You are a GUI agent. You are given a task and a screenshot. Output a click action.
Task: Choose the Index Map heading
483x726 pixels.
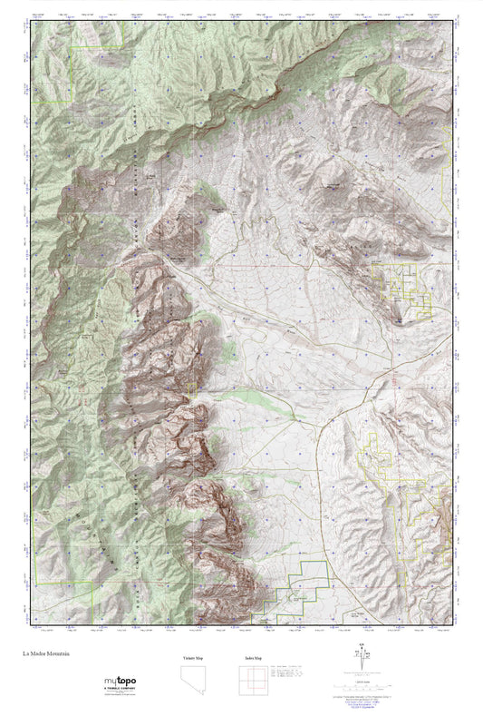[256, 657]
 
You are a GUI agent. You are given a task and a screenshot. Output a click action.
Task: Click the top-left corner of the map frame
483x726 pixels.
[33, 24]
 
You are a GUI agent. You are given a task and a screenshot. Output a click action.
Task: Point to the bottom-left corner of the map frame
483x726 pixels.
[33, 624]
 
